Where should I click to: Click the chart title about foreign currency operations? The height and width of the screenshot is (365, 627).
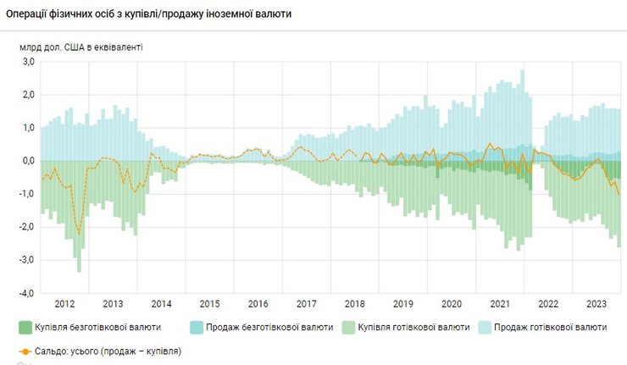coord(148,14)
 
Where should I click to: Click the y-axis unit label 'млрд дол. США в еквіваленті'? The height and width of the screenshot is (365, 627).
coord(81,47)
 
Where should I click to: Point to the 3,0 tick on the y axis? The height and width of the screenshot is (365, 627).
coord(27,62)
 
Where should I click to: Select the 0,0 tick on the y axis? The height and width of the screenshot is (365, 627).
coord(27,161)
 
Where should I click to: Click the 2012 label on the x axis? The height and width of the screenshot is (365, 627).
coord(64,303)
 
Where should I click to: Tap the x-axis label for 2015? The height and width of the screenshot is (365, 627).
coord(210,303)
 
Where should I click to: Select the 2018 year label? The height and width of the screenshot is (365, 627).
coord(356,303)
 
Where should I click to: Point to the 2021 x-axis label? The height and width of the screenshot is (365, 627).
coord(502,303)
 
